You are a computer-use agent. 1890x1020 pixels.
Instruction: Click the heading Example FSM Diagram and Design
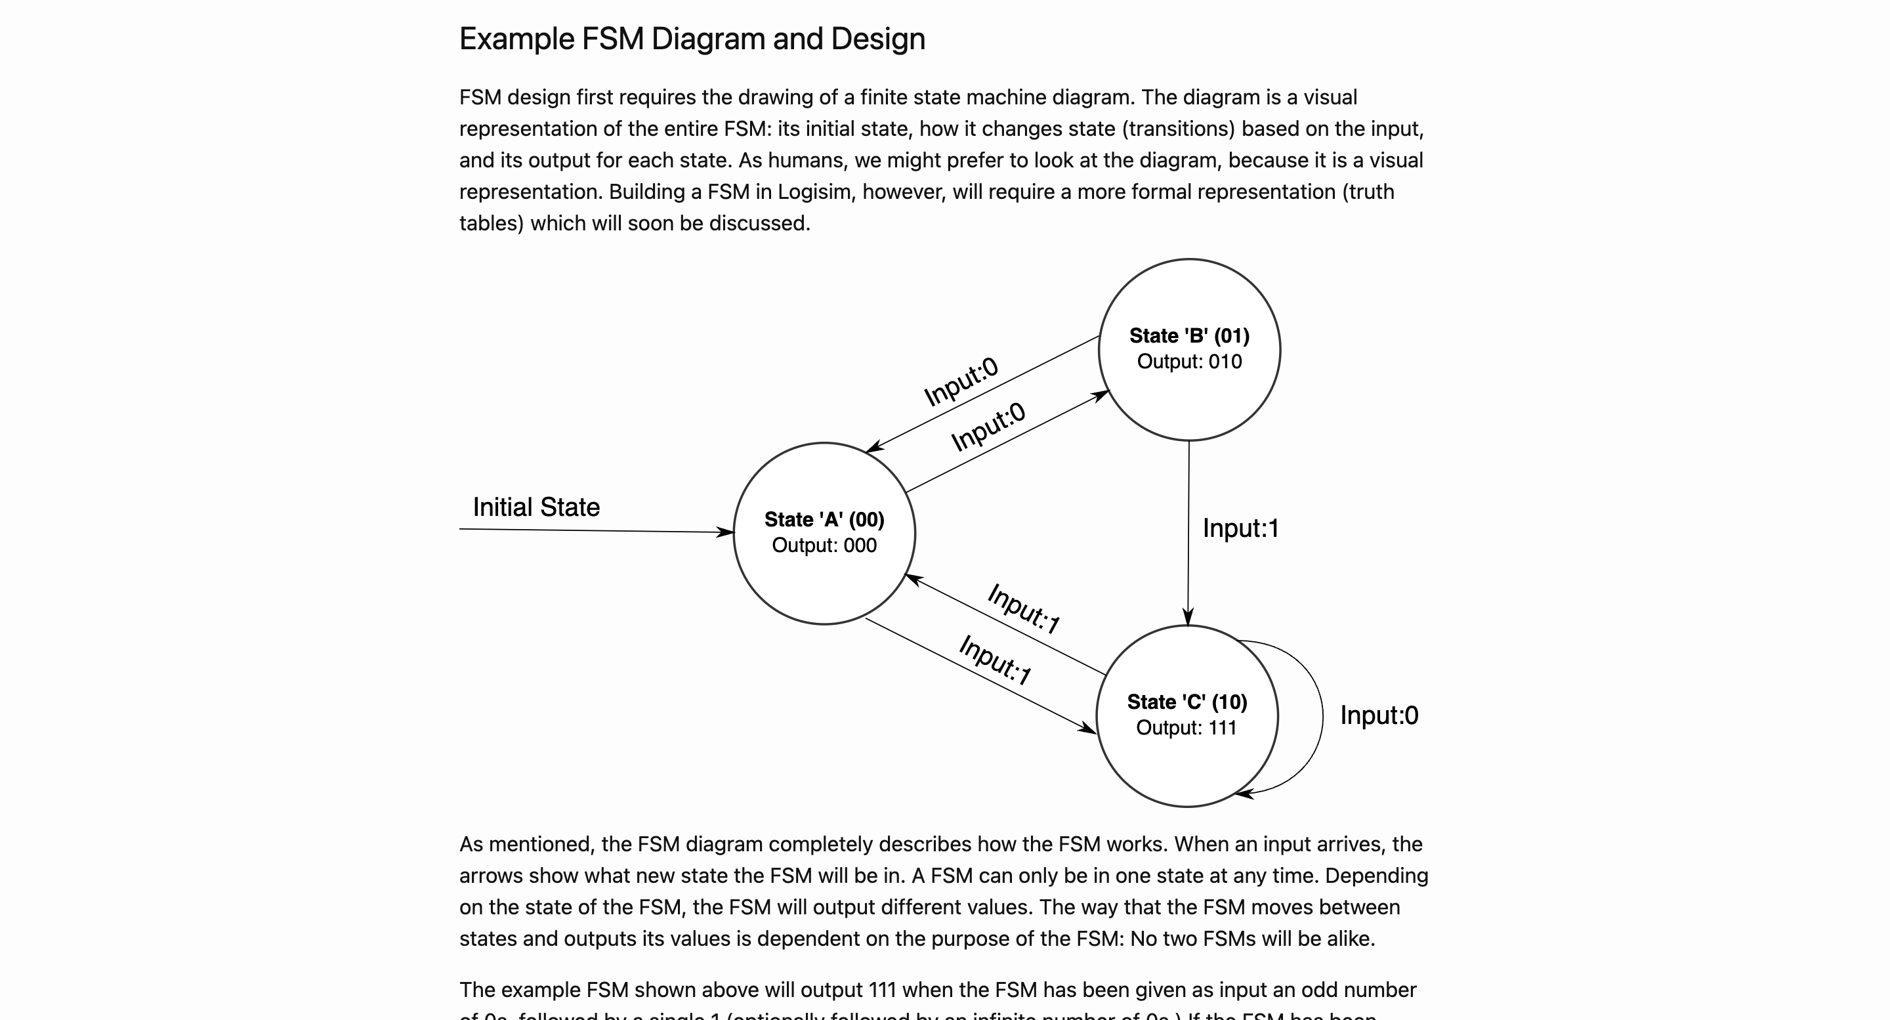tap(692, 39)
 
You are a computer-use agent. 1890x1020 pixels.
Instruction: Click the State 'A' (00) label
tap(824, 520)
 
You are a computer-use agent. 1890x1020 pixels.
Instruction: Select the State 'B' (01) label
tap(1188, 335)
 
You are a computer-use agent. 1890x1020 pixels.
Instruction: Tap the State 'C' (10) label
tap(1186, 702)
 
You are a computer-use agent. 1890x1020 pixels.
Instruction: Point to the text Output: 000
tap(824, 545)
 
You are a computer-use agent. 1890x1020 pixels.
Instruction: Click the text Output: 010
tap(1188, 361)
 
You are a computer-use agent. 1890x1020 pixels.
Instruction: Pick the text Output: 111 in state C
tap(1186, 727)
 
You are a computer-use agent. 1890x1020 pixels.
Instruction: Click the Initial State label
tap(535, 507)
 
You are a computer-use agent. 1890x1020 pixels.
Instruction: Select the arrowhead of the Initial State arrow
tap(726, 532)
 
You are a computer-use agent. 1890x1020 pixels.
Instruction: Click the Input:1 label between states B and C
tap(1240, 528)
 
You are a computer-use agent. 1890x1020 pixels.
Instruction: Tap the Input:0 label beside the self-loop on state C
tap(1379, 715)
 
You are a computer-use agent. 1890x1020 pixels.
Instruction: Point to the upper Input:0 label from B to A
tap(960, 381)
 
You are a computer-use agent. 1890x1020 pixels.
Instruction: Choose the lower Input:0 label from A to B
tap(988, 427)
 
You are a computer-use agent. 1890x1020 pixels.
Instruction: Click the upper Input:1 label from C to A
tap(1024, 608)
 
